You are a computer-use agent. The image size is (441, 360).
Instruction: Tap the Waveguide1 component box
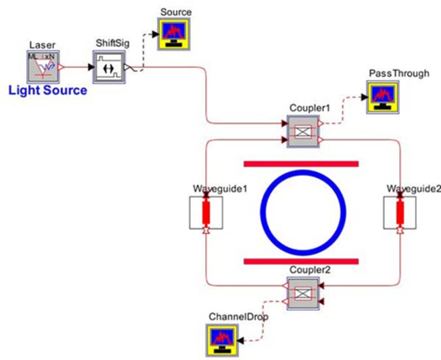(x=206, y=212)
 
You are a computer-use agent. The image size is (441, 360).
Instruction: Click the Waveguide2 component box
(x=400, y=212)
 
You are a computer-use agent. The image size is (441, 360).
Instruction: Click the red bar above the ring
(x=301, y=164)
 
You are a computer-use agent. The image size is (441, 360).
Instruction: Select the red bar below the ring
(x=301, y=260)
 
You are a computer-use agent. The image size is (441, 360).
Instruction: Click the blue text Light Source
(x=48, y=90)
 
